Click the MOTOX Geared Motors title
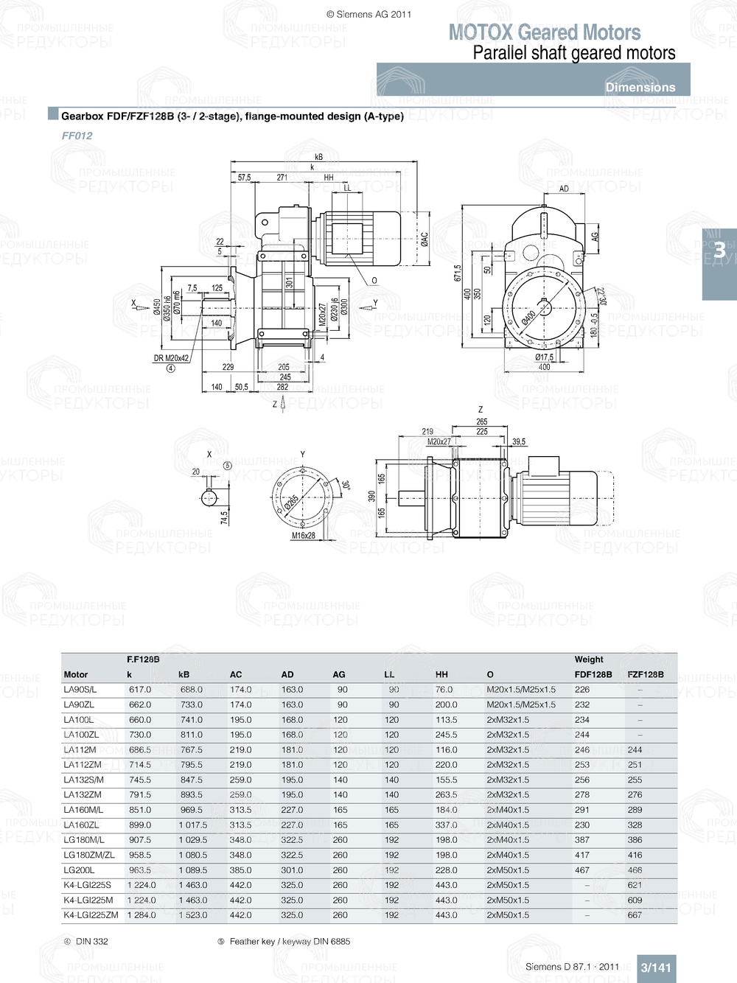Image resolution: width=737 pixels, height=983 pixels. click(544, 32)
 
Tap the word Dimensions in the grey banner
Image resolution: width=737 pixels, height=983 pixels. click(640, 87)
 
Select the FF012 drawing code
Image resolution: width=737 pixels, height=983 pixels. click(77, 136)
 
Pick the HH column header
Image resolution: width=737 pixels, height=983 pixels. click(441, 674)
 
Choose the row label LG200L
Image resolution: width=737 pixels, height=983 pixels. click(79, 870)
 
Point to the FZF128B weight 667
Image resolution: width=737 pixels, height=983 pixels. click(635, 915)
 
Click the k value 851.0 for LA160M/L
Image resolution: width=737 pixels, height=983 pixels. click(140, 810)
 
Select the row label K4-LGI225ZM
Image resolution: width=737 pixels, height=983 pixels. click(91, 915)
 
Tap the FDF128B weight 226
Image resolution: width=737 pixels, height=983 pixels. click(582, 690)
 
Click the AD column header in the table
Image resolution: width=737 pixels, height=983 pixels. click(287, 674)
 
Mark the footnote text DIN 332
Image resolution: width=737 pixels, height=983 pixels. click(91, 942)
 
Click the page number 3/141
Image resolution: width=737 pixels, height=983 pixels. click(655, 968)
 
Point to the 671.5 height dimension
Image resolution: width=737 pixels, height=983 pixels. click(457, 273)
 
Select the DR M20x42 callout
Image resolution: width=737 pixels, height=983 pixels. click(171, 359)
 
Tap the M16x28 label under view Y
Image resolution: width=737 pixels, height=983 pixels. click(303, 536)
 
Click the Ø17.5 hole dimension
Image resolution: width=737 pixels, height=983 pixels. click(544, 357)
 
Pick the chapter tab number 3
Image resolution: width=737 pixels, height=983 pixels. click(719, 251)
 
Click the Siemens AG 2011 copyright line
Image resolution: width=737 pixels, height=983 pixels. click(368, 14)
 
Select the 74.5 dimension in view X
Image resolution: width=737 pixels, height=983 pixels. click(224, 518)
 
